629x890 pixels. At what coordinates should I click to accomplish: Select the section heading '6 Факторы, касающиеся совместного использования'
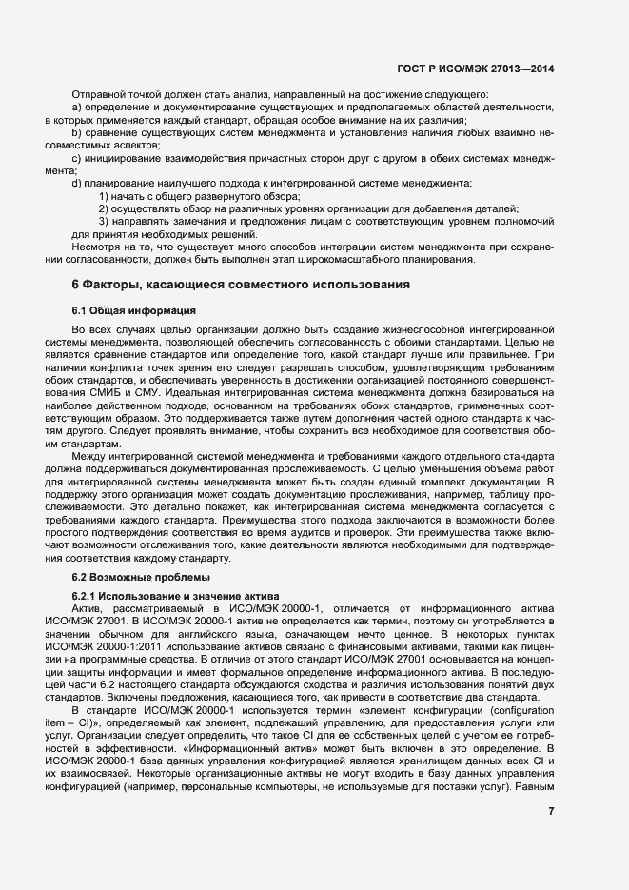[x=241, y=284]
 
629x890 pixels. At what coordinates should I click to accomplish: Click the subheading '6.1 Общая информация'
[x=133, y=310]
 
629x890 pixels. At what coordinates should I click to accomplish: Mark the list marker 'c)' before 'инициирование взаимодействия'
[x=76, y=159]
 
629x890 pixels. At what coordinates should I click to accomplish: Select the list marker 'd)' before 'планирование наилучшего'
[x=76, y=183]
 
